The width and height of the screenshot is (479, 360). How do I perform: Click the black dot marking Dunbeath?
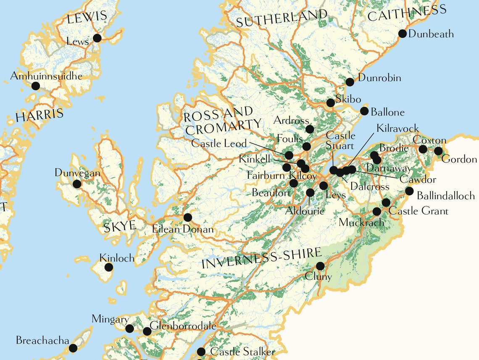[402, 34]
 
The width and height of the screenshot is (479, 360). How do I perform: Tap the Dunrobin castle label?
[379, 78]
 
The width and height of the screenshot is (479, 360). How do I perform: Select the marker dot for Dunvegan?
[77, 184]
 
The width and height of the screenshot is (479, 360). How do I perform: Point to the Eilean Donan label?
[183, 230]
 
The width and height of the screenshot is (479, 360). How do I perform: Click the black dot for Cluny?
[320, 266]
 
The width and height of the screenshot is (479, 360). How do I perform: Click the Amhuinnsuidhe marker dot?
[36, 86]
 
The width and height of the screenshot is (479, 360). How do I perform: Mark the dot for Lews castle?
[97, 38]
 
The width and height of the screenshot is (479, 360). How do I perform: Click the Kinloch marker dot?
[108, 267]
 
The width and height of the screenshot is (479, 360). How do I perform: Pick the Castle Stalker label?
[242, 352]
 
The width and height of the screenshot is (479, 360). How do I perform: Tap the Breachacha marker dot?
[73, 348]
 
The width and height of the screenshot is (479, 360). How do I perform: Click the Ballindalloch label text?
[446, 196]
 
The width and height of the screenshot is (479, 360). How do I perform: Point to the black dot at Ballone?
[364, 111]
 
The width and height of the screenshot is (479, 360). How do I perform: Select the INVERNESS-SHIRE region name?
[261, 258]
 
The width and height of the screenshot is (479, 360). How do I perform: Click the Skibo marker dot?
[331, 102]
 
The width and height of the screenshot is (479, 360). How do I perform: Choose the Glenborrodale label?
[183, 326]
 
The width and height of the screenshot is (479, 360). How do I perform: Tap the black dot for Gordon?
[438, 151]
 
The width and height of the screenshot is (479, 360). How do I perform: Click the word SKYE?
[120, 226]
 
